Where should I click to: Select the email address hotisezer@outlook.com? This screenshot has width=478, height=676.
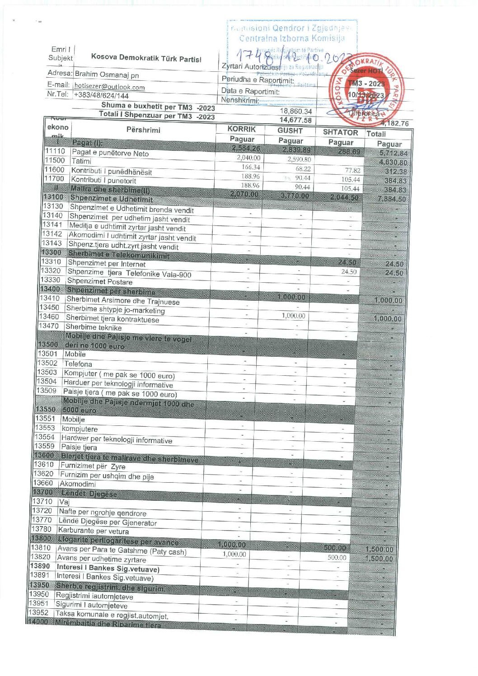(109, 87)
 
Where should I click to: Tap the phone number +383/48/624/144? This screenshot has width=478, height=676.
(101, 96)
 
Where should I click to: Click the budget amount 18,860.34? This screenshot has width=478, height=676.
(295, 111)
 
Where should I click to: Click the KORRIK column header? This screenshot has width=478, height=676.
(241, 129)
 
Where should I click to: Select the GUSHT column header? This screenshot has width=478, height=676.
(290, 131)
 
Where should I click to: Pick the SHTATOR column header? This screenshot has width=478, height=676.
(340, 132)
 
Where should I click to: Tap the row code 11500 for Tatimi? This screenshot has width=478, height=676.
(55, 160)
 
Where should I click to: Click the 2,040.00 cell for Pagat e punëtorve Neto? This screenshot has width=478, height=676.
(248, 158)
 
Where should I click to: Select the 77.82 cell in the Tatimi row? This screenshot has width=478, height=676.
(352, 170)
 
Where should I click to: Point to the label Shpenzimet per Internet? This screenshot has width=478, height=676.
(107, 264)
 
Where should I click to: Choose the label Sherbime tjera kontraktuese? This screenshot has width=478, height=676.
(112, 319)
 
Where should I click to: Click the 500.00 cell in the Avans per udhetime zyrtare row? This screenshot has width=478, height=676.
(337, 558)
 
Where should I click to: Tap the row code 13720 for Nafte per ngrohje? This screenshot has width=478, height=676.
(42, 510)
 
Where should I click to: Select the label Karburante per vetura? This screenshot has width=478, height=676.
(93, 531)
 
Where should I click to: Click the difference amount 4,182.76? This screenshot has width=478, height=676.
(394, 123)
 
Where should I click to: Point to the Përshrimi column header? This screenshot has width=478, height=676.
(143, 130)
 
